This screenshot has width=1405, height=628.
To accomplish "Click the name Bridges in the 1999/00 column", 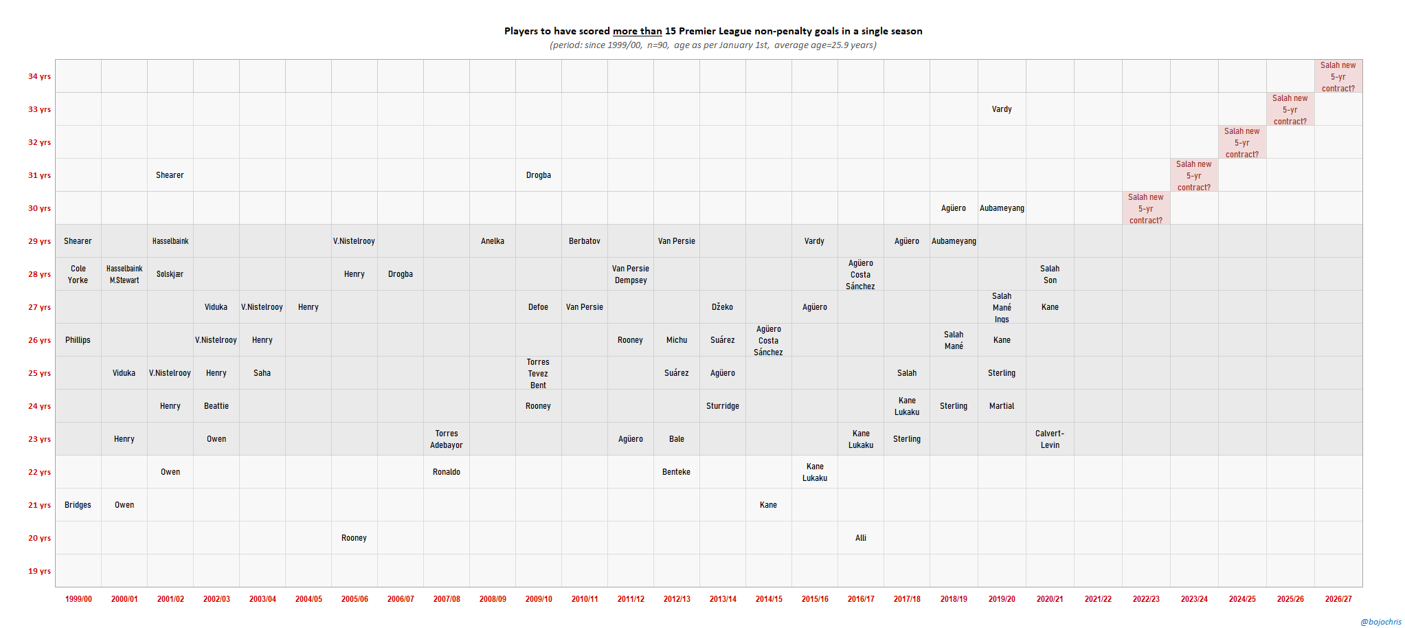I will (78, 505).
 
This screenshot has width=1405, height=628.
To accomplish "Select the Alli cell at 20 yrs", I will (861, 538).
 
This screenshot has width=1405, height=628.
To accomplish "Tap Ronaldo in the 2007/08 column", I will (447, 472).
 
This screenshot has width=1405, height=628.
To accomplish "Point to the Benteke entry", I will (676, 472).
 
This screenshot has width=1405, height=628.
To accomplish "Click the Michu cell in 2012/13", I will (676, 340).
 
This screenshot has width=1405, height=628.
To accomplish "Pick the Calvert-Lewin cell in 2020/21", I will (1050, 439).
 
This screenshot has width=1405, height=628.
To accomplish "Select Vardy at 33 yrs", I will (1002, 109).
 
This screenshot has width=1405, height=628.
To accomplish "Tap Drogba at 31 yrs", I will (539, 175).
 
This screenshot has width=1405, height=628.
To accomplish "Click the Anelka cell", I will (493, 241).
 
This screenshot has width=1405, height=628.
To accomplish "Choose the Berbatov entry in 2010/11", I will (585, 241).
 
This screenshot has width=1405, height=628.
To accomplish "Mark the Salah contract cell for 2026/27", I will (1338, 76).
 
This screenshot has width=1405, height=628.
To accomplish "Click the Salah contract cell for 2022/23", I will (1146, 208).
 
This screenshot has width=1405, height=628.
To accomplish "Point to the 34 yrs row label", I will (39, 76).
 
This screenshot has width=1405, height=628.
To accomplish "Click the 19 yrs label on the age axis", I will (39, 571).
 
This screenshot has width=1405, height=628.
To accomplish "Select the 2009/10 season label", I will (539, 599).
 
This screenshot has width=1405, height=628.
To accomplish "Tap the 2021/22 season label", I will (1098, 599).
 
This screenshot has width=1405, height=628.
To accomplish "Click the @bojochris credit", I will (1381, 622).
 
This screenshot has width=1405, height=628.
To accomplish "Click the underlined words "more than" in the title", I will (638, 31).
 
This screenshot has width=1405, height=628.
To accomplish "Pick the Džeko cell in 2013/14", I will (722, 307).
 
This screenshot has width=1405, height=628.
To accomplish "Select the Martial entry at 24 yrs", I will (1002, 406).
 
